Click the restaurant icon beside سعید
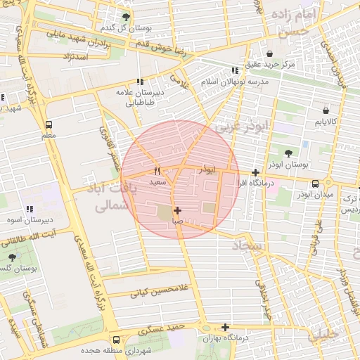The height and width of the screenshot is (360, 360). click(x=157, y=171)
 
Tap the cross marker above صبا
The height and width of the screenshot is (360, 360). click(x=177, y=210)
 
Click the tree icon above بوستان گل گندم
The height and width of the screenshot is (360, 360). click(x=126, y=17)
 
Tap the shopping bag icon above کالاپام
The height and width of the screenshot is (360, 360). click(x=326, y=110)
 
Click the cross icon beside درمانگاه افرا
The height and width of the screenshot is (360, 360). click(x=255, y=172)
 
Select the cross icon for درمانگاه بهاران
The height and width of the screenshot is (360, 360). click(x=225, y=327)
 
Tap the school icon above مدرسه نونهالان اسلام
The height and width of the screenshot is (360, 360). click(x=234, y=70)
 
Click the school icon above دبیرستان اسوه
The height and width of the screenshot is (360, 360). click(x=30, y=209)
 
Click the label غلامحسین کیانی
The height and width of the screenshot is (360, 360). click(x=184, y=288)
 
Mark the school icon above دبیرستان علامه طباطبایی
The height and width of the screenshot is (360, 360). click(x=139, y=82)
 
